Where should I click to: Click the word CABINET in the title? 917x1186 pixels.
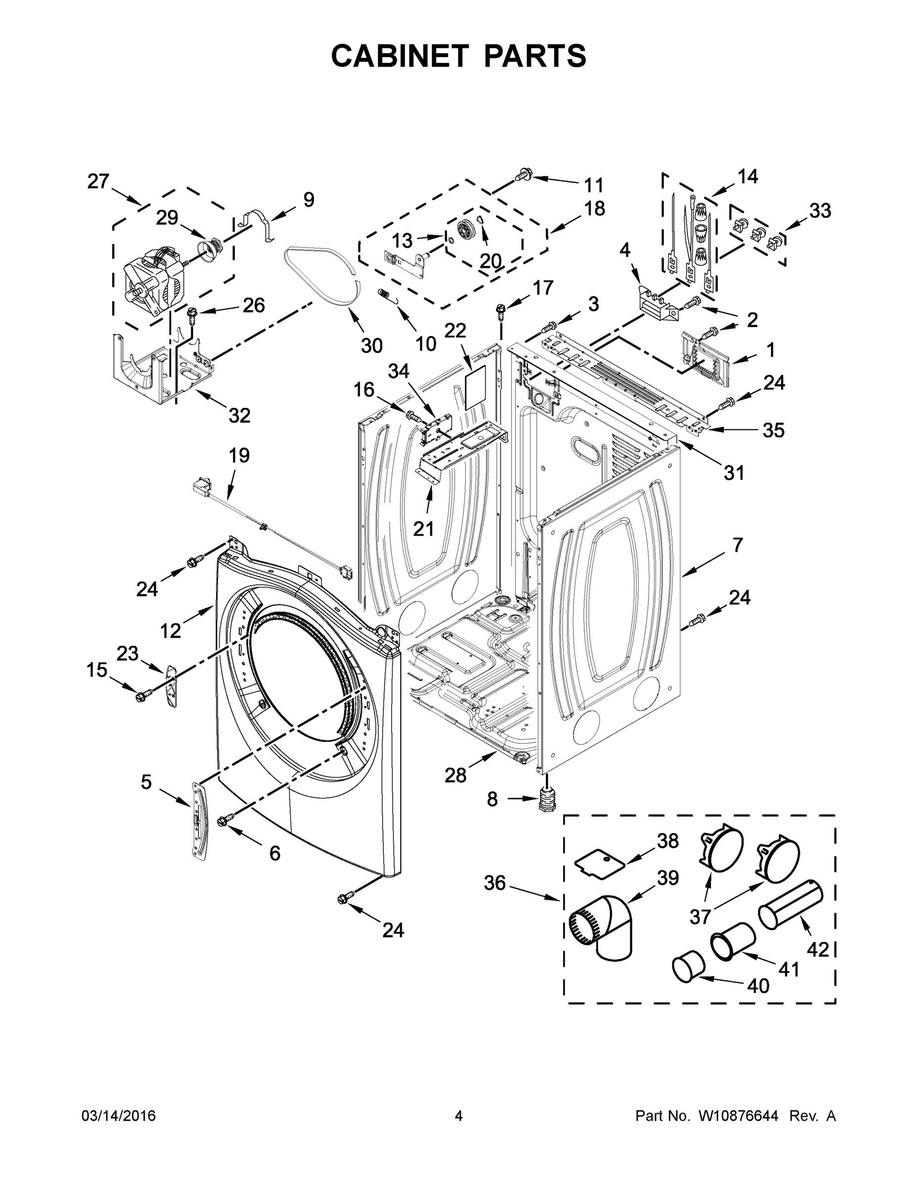tap(400, 55)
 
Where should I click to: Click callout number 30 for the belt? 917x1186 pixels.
tap(372, 345)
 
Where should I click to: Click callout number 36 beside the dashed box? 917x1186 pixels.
tap(495, 883)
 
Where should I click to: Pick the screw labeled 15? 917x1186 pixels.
tap(143, 694)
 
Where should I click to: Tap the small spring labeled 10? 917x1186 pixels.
tap(384, 294)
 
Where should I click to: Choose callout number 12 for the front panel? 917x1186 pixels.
tap(170, 631)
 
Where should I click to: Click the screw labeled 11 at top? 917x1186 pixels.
tap(525, 175)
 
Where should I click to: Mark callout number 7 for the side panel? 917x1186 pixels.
tap(737, 545)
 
